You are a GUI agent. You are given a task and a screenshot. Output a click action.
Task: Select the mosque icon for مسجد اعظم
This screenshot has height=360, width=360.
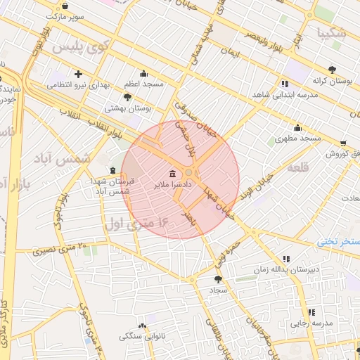[x=144, y=73]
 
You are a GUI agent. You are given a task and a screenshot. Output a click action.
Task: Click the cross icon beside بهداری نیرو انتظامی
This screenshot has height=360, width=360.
[x=78, y=74]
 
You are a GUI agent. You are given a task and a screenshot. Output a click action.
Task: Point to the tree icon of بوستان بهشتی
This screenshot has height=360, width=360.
[x=127, y=97]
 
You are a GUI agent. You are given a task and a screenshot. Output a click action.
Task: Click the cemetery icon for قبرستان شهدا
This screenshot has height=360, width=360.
[x=113, y=171]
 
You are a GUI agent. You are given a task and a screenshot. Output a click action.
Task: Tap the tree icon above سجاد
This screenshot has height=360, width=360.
[x=217, y=279]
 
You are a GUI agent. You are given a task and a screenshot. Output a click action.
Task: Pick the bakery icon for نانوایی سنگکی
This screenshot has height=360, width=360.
[x=143, y=326]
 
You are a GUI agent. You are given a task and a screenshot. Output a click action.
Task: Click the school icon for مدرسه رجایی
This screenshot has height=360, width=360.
[x=311, y=312]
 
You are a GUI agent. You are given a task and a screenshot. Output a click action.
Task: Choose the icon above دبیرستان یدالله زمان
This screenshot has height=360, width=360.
[x=285, y=259]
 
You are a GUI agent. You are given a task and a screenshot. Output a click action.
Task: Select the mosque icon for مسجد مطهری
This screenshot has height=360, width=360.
[x=297, y=128]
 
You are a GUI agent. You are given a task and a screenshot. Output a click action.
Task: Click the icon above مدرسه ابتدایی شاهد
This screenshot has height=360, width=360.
[x=284, y=83]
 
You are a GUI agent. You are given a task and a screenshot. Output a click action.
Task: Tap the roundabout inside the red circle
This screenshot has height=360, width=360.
[x=188, y=173]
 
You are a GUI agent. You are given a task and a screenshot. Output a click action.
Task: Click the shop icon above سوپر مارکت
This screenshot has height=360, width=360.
[x=65, y=6]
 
